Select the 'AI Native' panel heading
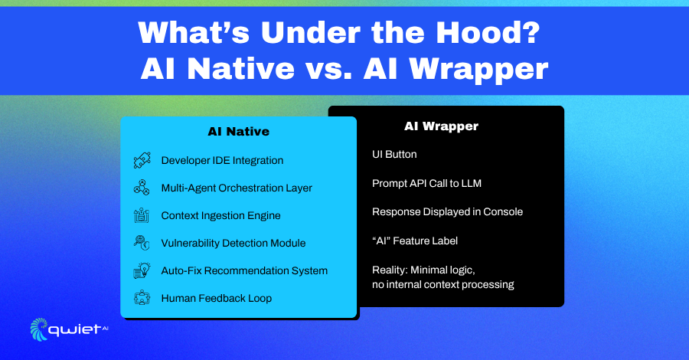point(239,132)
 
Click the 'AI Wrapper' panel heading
point(441,126)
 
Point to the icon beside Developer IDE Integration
point(142,160)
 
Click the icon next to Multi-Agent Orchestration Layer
point(142,188)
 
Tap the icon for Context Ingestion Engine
point(142,215)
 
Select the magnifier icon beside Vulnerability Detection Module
point(142,243)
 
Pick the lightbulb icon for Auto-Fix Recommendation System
point(142,270)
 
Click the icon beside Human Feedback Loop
point(142,298)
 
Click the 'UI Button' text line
point(394,154)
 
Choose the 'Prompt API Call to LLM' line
point(426,183)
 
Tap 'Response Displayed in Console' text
point(447,212)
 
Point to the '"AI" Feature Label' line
point(415,241)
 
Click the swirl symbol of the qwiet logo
point(39,329)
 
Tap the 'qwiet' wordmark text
point(75,330)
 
